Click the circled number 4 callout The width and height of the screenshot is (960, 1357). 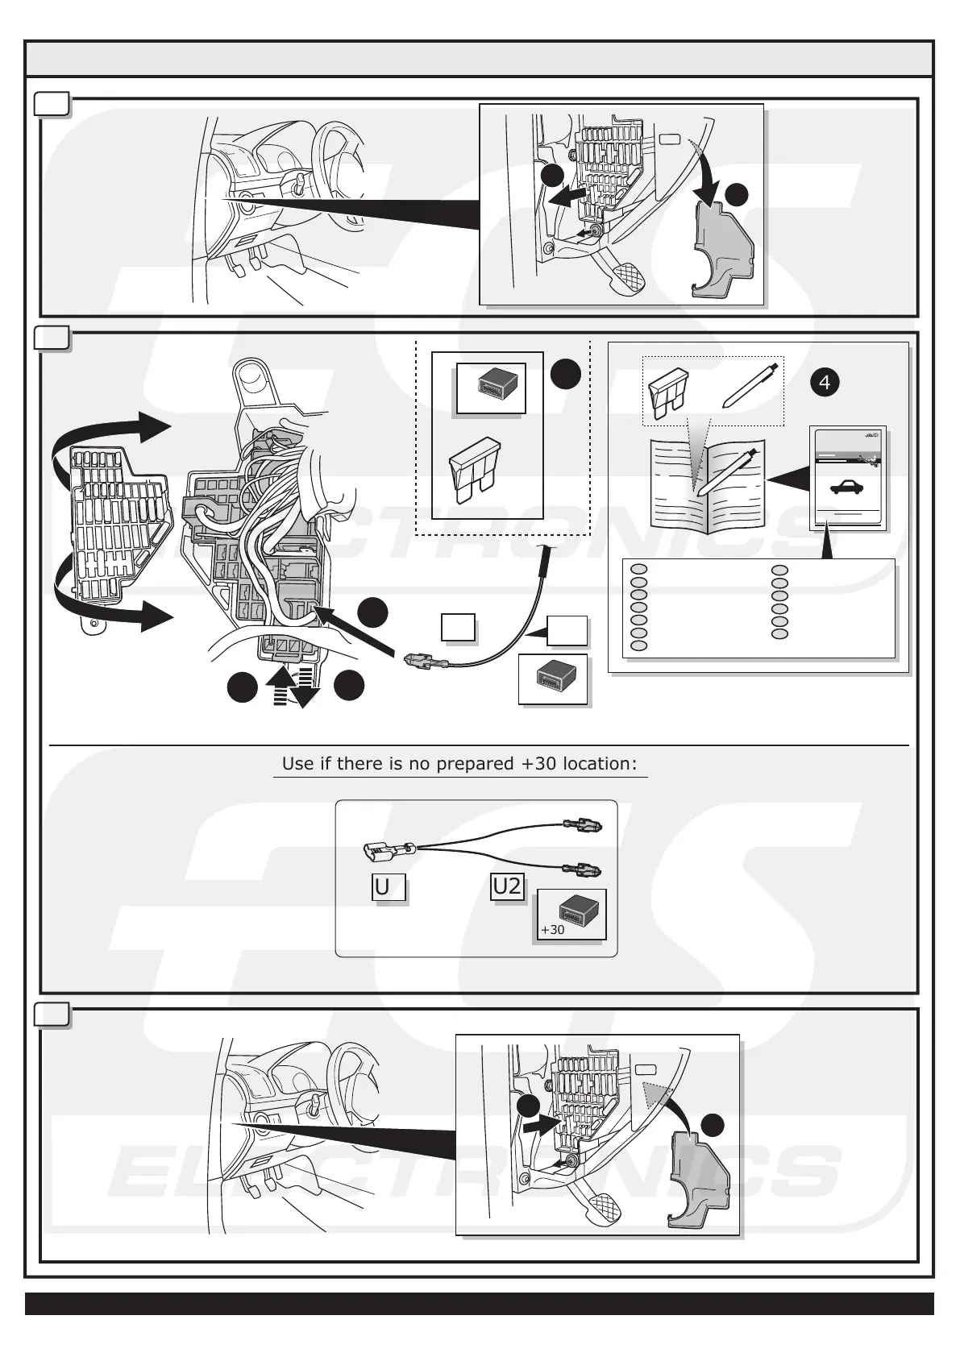click(x=824, y=383)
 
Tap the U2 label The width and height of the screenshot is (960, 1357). click(x=507, y=886)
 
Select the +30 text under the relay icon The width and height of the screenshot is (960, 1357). click(x=553, y=929)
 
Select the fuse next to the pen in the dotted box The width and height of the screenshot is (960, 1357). click(x=668, y=392)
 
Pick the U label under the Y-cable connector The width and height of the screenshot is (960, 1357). click(x=383, y=887)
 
